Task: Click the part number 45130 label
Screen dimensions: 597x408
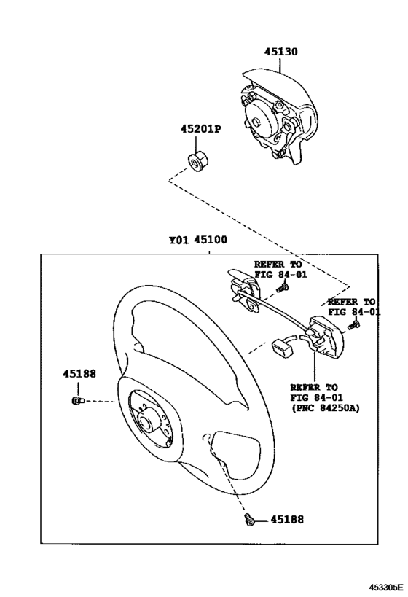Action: (280, 52)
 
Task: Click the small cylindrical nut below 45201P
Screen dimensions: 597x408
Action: (196, 159)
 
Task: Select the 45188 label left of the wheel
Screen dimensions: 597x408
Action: (79, 374)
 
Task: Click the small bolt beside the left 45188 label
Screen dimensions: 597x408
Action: (79, 400)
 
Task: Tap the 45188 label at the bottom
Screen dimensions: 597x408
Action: (286, 520)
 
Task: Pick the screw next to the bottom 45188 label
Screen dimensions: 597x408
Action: (250, 520)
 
